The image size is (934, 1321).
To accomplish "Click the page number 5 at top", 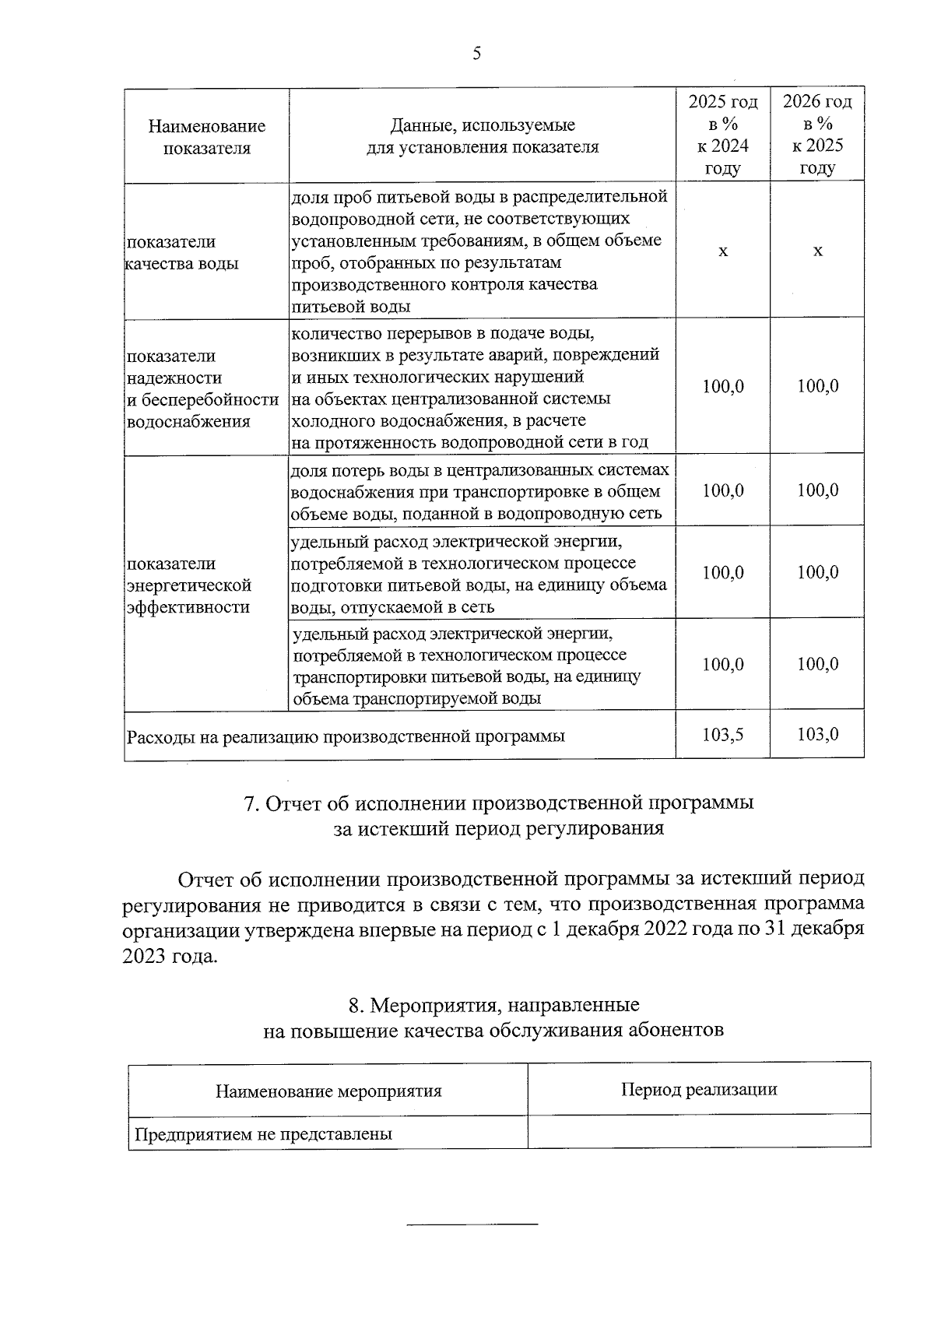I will tap(476, 54).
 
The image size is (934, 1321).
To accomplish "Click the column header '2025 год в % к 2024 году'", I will tap(722, 135).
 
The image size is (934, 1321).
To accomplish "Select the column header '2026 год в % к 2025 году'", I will tap(816, 135).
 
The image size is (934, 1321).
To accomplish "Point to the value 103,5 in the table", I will tap(722, 734).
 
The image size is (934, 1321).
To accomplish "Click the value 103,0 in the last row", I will tap(817, 734).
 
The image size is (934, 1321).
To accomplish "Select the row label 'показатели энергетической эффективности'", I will tap(189, 585).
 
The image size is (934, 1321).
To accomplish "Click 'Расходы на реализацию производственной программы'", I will tap(346, 736).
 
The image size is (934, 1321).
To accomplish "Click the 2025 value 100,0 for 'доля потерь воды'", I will tap(722, 490).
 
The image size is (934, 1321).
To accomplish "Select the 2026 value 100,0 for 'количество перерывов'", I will tap(817, 386).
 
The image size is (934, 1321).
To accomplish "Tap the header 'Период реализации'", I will tap(698, 1089).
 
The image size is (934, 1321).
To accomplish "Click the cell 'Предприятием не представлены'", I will tap(262, 1134).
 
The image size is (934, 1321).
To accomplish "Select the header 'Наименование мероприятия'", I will tap(328, 1091).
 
